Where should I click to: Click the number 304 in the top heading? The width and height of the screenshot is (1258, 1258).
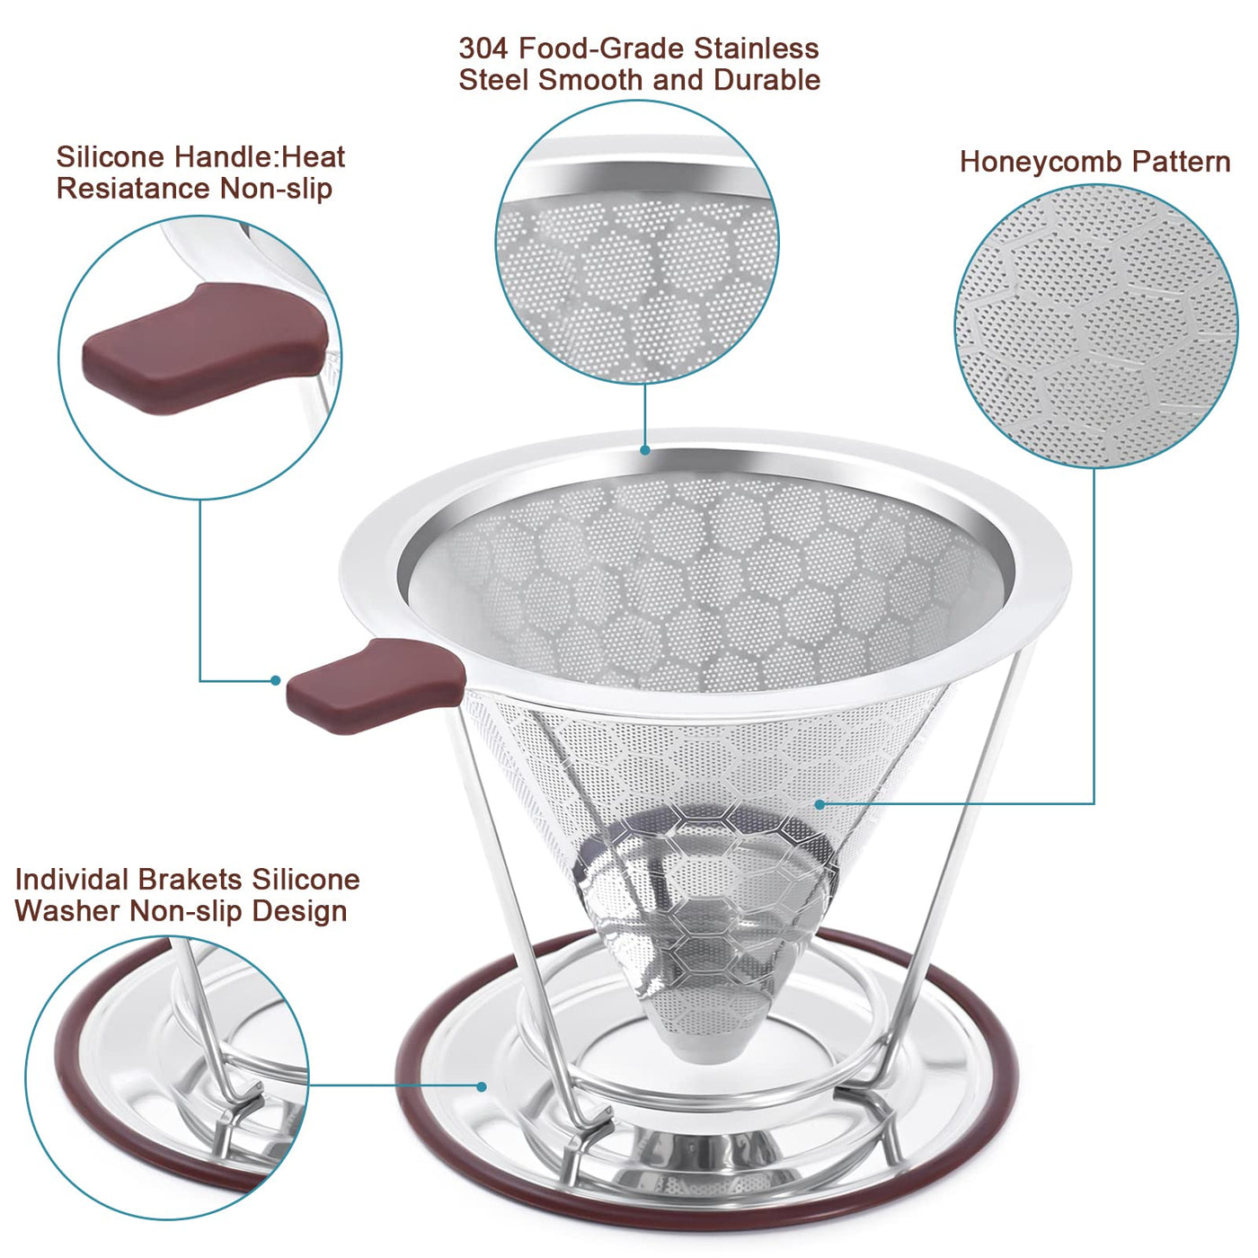pos(483,49)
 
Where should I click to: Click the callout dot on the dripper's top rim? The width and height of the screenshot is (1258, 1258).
pos(645,450)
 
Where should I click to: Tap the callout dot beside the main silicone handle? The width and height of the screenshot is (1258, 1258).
pos(276,680)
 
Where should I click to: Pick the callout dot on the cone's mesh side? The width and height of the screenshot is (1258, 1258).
pos(820,805)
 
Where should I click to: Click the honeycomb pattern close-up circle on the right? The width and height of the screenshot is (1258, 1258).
pos(1095,326)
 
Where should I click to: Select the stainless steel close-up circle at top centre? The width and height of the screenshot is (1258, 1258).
pos(637,242)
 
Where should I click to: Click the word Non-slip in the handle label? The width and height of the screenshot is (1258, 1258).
pos(276,190)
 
